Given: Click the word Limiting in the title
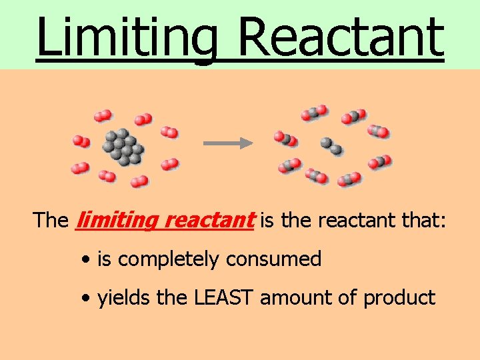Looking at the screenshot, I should coord(127,37).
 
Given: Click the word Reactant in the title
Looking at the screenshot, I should coord(339,37).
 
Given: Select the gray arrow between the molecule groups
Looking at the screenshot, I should coord(227,143).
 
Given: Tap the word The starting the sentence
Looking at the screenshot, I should coord(51,220).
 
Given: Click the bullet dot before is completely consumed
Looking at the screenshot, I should coord(88,260).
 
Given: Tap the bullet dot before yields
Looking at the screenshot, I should coord(88,299).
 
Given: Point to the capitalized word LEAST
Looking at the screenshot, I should coord(224,297).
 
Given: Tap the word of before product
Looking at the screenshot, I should coord(349,297).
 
